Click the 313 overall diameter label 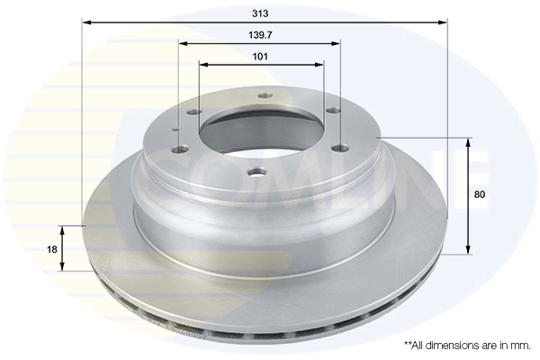click(x=261, y=15)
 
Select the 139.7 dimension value click(x=261, y=34)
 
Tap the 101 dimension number click(x=261, y=56)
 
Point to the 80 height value click(x=480, y=194)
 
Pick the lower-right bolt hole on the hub click(x=339, y=149)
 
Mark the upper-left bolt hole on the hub click(x=194, y=112)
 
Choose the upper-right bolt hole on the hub click(x=332, y=111)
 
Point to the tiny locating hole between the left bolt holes click(x=175, y=130)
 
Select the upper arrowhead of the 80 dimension click(x=468, y=142)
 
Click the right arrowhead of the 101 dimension click(x=319, y=65)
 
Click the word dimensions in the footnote click(x=445, y=345)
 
